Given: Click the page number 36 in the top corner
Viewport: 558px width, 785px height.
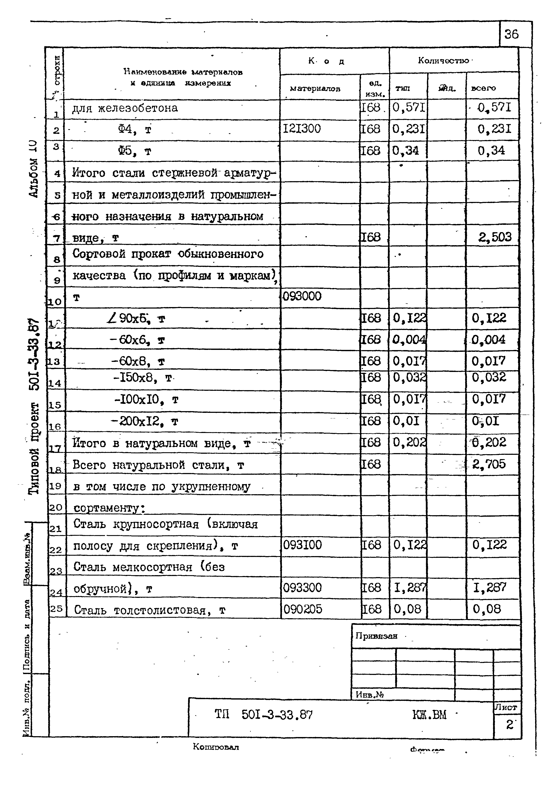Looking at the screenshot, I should (x=511, y=34).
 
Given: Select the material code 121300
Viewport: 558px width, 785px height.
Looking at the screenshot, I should (x=301, y=129).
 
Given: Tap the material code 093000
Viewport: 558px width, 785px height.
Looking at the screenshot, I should (x=302, y=296).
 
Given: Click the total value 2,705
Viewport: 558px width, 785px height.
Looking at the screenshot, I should (x=489, y=464).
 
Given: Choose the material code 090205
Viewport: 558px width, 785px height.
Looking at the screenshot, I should (x=303, y=609).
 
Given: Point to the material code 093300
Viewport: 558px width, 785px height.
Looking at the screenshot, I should (x=302, y=588).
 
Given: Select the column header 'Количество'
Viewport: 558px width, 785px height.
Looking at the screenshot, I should (x=443, y=61).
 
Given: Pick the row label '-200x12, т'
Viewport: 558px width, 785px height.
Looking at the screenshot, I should (x=145, y=421).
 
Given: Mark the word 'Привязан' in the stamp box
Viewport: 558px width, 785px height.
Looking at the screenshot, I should (x=376, y=636).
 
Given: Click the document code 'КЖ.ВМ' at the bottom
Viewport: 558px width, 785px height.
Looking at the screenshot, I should (x=429, y=715).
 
